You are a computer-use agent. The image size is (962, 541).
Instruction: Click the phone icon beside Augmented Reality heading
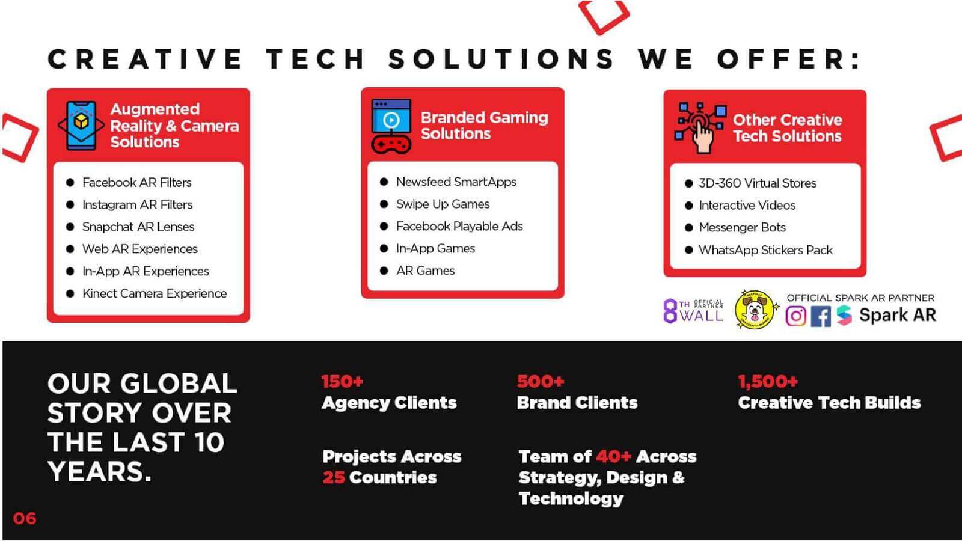coord(81,126)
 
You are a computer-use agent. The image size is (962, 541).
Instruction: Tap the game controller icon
coord(391,145)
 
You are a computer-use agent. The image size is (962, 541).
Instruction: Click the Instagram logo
coord(796,316)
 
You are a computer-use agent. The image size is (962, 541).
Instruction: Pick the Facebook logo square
coord(821,317)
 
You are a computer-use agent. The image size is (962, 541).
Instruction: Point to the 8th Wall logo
coord(694,311)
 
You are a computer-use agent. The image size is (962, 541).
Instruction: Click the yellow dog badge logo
coord(755,310)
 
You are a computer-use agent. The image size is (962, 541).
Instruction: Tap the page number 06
coord(25,518)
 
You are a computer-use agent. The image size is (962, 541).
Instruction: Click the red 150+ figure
coord(342,381)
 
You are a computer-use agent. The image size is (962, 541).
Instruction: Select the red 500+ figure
coord(541,381)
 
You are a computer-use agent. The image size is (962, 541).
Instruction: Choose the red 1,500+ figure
coord(767,381)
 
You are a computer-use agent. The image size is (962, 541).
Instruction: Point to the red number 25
coord(334,477)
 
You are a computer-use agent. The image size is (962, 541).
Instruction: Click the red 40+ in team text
coord(614,456)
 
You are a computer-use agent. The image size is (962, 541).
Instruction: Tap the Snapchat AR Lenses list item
coord(138,227)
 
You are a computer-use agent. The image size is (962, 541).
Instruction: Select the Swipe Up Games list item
coord(443,204)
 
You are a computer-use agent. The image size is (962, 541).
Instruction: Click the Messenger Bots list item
coord(742,227)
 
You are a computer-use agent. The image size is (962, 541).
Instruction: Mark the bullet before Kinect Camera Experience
coord(70,294)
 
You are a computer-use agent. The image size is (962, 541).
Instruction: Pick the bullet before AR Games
coord(384,271)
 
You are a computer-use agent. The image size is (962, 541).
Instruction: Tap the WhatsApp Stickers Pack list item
coord(766,250)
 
